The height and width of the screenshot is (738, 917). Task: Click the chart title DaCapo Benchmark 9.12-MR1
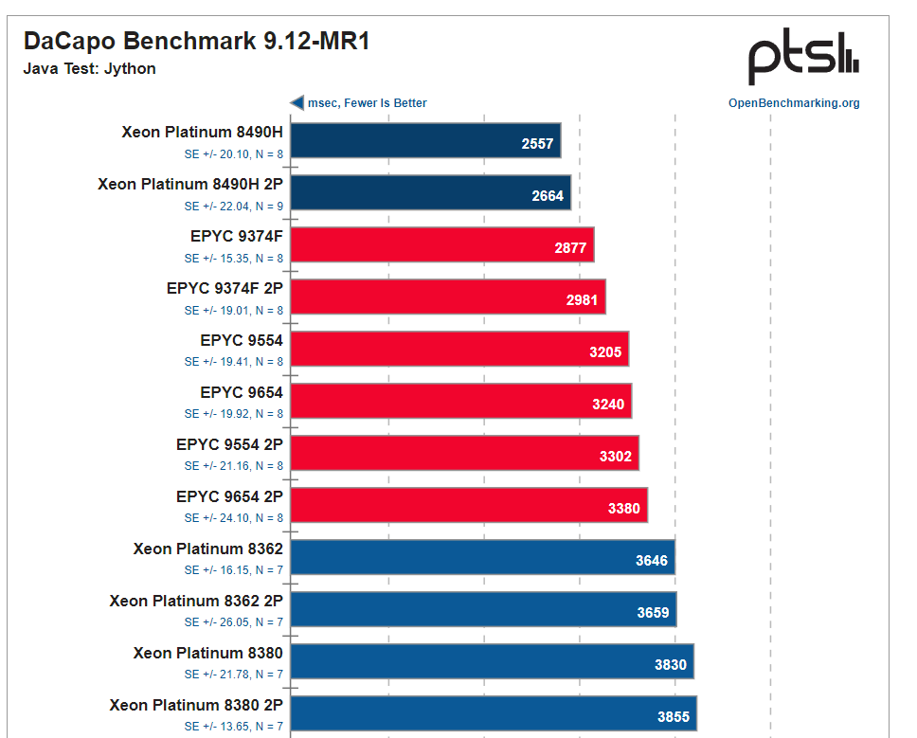(x=196, y=41)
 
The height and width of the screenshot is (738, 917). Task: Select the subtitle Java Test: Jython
(x=89, y=68)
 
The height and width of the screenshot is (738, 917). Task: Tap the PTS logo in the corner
(x=803, y=58)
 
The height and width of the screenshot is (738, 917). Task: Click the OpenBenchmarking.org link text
(x=794, y=103)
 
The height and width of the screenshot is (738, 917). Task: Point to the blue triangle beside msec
(x=297, y=102)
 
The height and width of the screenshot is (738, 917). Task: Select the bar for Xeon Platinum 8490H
(x=425, y=140)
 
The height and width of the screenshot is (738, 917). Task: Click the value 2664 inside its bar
(x=548, y=196)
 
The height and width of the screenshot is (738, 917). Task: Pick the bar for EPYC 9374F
(x=441, y=244)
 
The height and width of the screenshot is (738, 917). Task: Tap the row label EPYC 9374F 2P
(x=225, y=288)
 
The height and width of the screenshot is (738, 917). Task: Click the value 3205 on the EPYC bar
(x=605, y=352)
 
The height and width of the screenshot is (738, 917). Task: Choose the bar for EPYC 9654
(x=460, y=401)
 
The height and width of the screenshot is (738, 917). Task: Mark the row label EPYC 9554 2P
(x=229, y=444)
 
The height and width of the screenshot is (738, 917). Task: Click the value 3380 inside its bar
(x=624, y=509)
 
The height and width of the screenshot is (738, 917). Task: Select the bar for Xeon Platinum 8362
(x=482, y=557)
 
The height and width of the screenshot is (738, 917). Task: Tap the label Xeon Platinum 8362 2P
(x=196, y=601)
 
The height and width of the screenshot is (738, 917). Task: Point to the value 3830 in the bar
(x=671, y=665)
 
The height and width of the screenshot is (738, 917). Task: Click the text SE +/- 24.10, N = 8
(x=234, y=518)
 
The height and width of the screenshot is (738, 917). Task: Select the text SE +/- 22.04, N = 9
(x=234, y=206)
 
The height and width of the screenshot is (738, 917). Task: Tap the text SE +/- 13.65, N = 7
(x=234, y=727)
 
